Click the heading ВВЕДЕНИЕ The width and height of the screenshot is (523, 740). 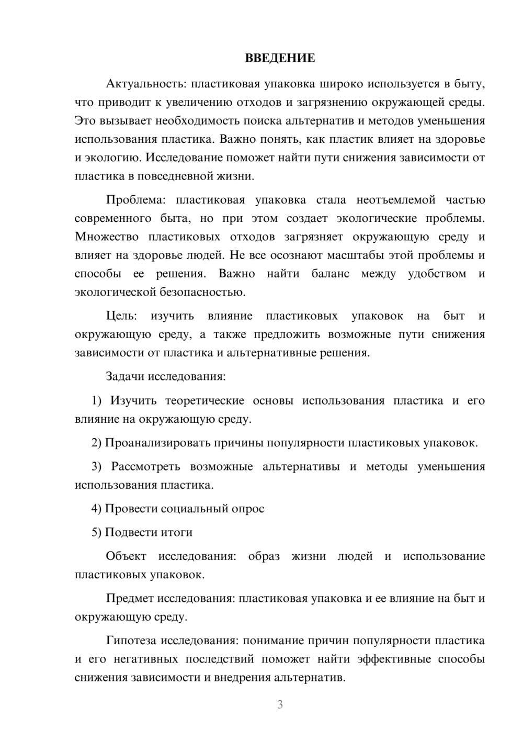(280, 58)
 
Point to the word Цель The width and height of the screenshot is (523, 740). (121, 316)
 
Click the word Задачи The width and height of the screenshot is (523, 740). (126, 376)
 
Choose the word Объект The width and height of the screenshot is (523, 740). (126, 556)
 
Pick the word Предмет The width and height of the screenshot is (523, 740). (130, 598)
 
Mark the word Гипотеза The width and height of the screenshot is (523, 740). (131, 641)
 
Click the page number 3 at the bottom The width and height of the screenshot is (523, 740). (280, 704)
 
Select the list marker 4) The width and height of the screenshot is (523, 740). (97, 509)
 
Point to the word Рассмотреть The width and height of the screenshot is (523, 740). (145, 466)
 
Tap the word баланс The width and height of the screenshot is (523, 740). (330, 274)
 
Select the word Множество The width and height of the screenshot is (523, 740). (107, 237)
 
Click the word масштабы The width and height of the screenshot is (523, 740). (385, 255)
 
